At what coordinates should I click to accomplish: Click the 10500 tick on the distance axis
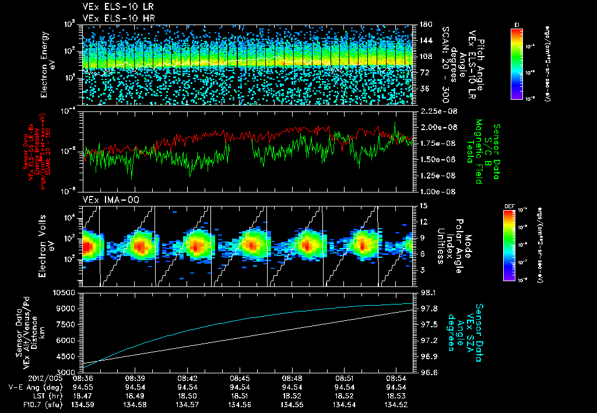[x=65, y=292]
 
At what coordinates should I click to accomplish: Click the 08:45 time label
[x=240, y=378]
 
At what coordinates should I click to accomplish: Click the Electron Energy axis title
[x=45, y=64]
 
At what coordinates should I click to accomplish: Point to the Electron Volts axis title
[x=45, y=246]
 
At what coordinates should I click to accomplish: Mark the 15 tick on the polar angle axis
[x=423, y=206]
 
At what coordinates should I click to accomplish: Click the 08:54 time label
[x=397, y=378]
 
